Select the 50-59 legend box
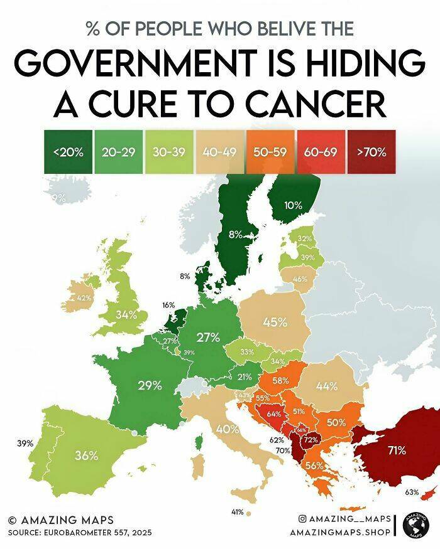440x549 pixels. [x=269, y=152]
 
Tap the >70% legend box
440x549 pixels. [x=371, y=152]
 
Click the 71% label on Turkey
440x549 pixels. [x=396, y=450]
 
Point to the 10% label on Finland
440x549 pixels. [x=293, y=205]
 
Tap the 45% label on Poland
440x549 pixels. [x=275, y=322]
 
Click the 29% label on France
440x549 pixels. [x=150, y=385]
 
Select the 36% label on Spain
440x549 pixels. [x=87, y=456]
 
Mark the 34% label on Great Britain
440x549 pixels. [x=126, y=314]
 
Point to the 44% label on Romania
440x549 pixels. [x=327, y=386]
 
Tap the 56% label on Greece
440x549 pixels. [x=314, y=466]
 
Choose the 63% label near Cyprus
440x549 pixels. [x=412, y=491]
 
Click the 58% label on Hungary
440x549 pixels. [x=281, y=380]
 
